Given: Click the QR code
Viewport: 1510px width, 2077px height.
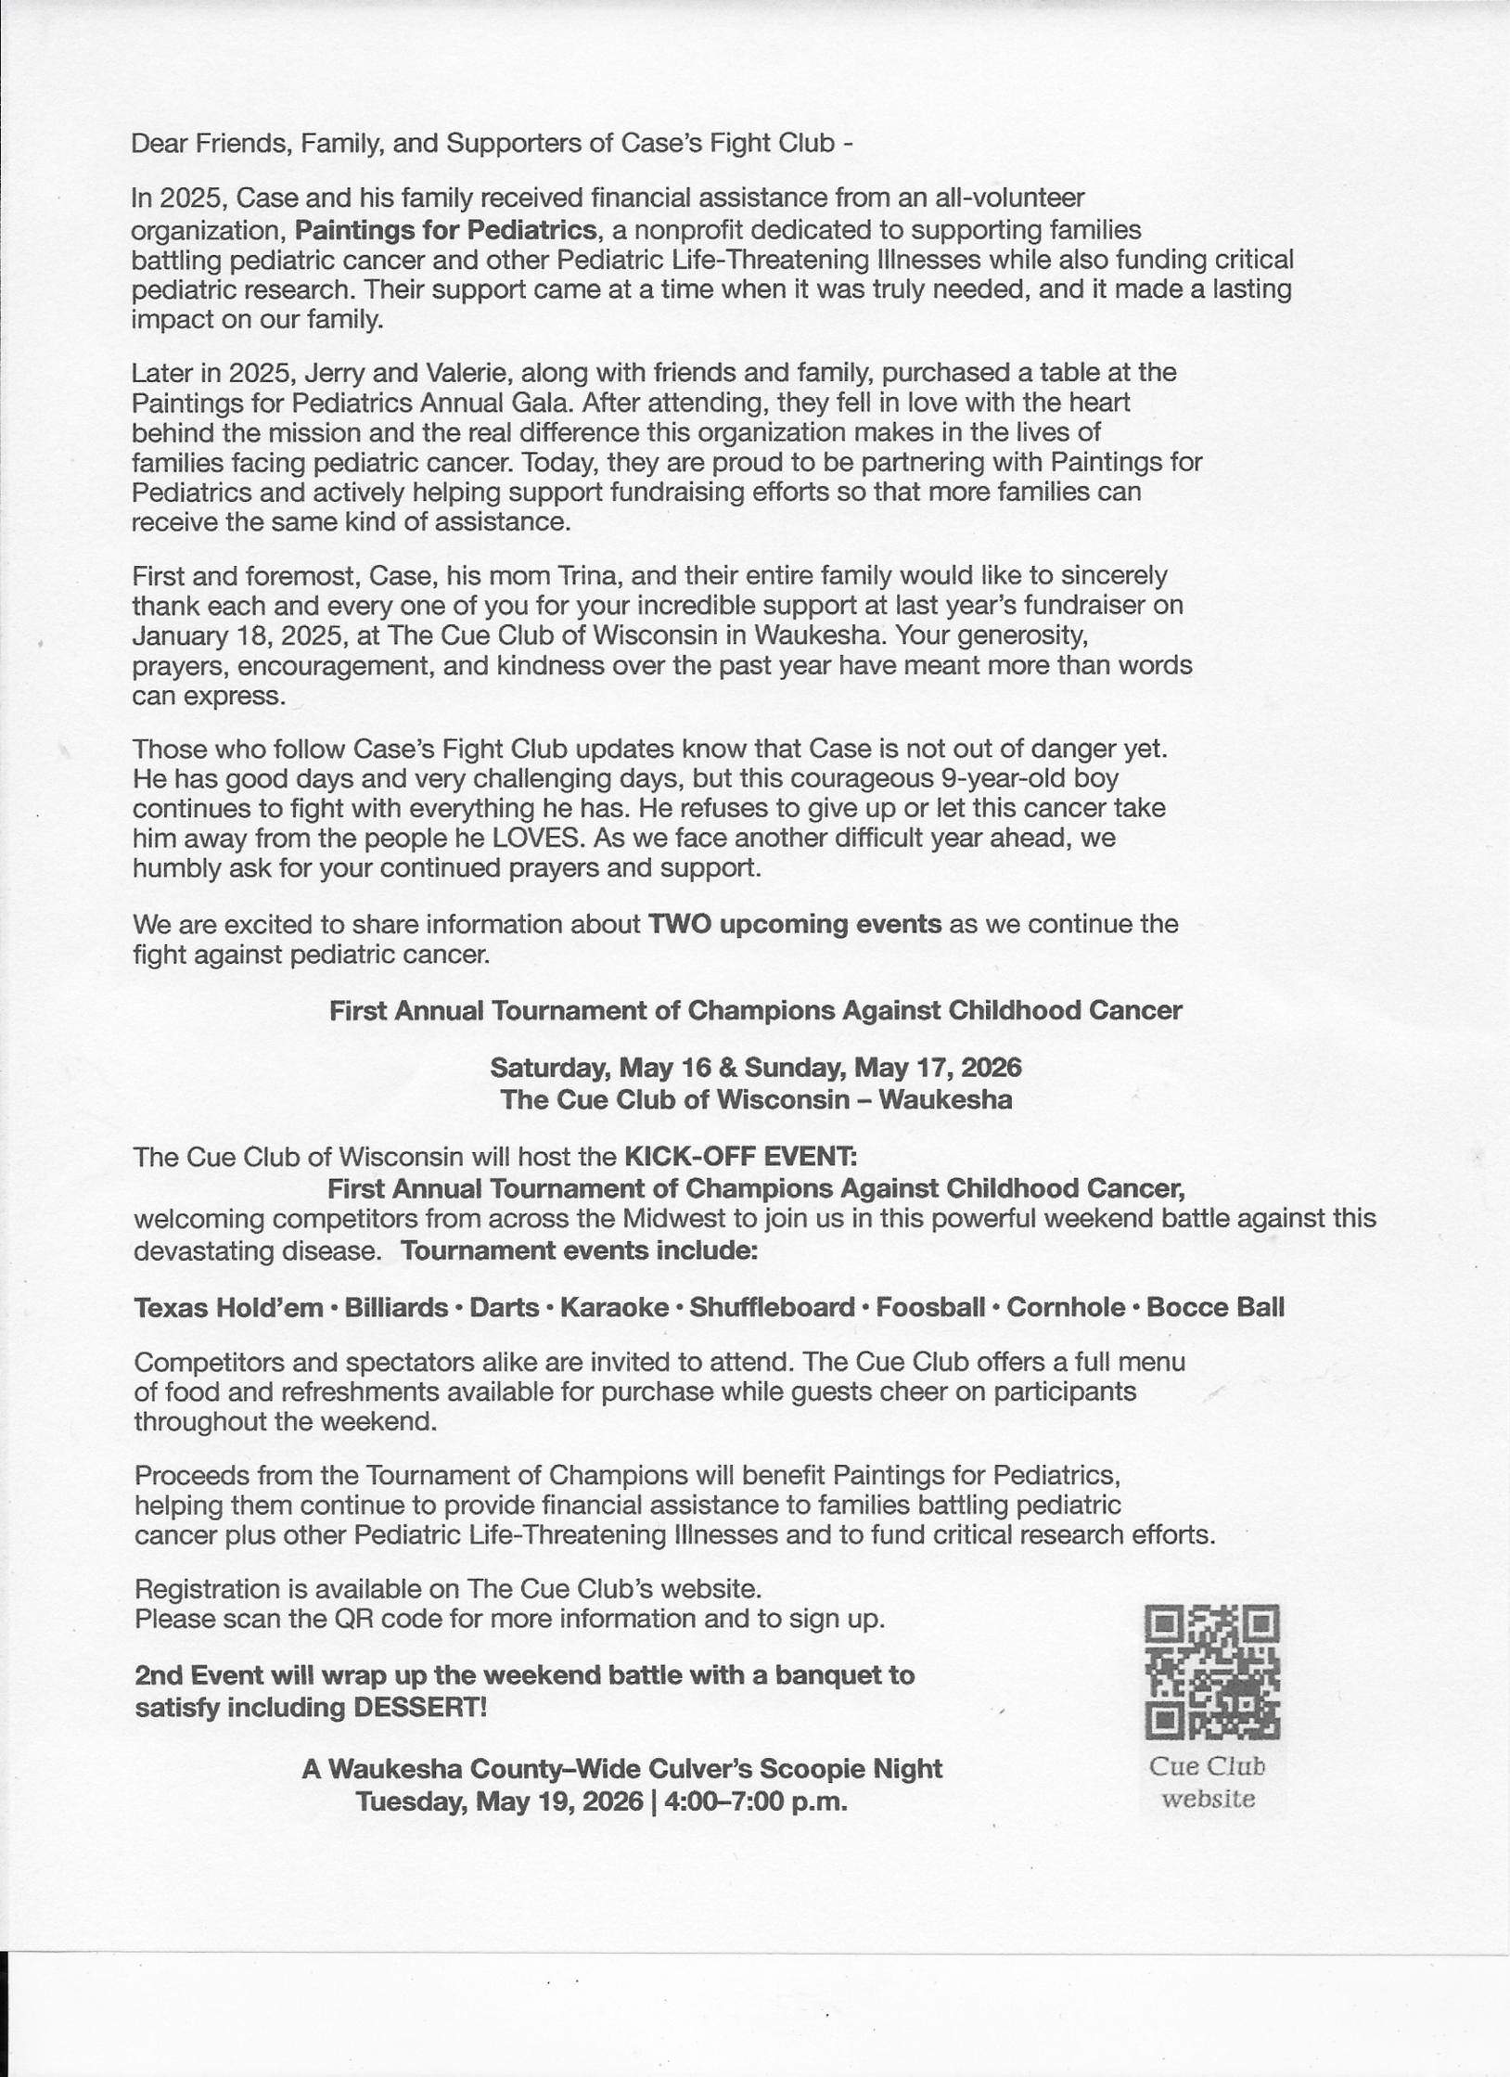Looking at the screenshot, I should click(1212, 1673).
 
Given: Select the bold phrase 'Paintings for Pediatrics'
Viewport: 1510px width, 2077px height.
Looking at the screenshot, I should click(445, 229).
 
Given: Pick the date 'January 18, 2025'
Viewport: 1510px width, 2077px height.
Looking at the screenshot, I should click(237, 636).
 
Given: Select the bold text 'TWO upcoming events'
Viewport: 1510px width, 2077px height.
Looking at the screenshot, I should click(794, 924).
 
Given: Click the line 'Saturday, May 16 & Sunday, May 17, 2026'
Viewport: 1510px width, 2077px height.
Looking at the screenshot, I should click(755, 1068).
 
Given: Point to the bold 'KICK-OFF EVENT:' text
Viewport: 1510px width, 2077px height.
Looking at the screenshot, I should click(740, 1157).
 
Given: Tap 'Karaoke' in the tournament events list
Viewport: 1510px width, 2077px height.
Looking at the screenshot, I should click(614, 1308).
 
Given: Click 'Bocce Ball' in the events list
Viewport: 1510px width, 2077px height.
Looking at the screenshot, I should click(1215, 1308).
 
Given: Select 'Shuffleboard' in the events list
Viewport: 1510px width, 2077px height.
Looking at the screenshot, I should click(772, 1308).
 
